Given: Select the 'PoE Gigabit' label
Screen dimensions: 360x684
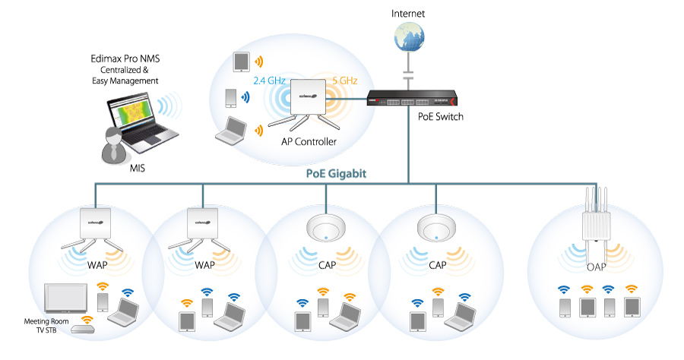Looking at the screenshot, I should [336, 173].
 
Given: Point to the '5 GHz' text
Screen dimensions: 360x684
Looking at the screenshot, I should [345, 80].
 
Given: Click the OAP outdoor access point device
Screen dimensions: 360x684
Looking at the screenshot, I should [598, 221].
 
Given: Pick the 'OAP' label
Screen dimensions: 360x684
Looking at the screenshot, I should [598, 267].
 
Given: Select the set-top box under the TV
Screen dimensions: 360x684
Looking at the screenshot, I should [84, 330].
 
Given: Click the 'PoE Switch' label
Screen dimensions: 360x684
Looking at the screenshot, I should [440, 117].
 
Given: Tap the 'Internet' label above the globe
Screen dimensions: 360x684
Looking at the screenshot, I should [409, 14].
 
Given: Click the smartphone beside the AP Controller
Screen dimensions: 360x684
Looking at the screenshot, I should [231, 97].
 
